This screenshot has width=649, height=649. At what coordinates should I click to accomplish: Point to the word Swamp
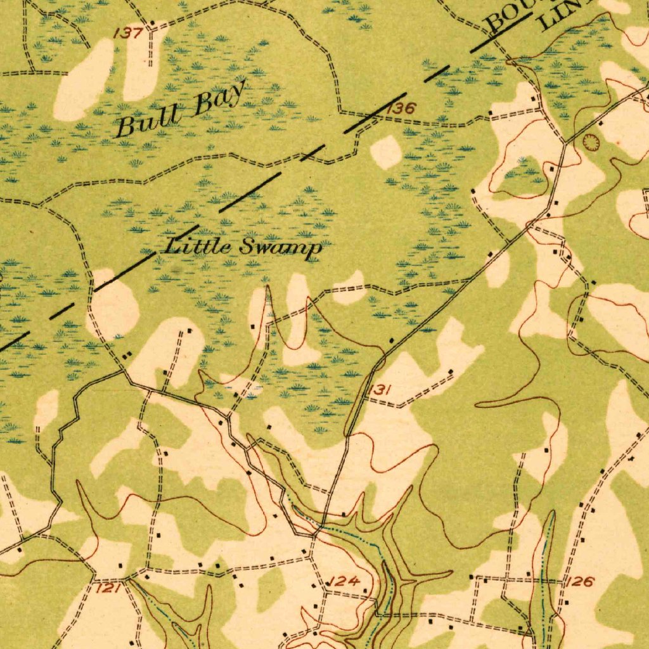pyautogui.click(x=280, y=248)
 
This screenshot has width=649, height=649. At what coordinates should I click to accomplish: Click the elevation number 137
pyautogui.click(x=127, y=33)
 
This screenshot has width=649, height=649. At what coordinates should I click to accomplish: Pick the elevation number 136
pyautogui.click(x=401, y=108)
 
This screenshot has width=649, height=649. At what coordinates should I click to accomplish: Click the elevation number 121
pyautogui.click(x=108, y=589)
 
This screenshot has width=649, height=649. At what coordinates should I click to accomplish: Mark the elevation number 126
pyautogui.click(x=579, y=582)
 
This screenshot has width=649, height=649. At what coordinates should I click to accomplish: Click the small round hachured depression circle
pyautogui.click(x=590, y=143)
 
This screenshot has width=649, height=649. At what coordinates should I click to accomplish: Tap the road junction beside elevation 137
pyautogui.click(x=151, y=29)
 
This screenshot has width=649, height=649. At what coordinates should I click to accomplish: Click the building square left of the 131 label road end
pyautogui.click(x=391, y=341)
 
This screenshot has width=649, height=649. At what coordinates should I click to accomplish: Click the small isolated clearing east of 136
pyautogui.click(x=386, y=153)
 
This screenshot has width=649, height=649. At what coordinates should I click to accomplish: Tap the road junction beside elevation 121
pyautogui.click(x=127, y=578)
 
